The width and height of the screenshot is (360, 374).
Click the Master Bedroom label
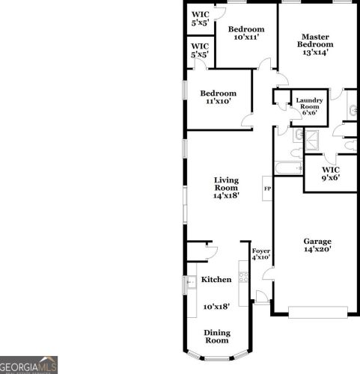(316, 44)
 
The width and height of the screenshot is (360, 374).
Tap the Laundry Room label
(309, 106)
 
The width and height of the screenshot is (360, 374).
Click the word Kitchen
(216, 280)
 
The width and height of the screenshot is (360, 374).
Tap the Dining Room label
(217, 336)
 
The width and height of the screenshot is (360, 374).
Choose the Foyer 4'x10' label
(260, 254)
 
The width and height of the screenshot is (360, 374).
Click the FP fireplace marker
(266, 188)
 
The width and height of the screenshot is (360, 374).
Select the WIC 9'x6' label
(331, 174)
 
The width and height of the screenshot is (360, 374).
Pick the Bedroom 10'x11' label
(246, 34)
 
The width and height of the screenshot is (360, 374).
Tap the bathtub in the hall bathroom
(287, 168)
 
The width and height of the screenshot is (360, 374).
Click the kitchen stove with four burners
(243, 277)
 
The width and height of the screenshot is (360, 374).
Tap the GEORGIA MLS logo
(28, 366)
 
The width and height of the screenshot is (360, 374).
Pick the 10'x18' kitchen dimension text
(216, 306)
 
